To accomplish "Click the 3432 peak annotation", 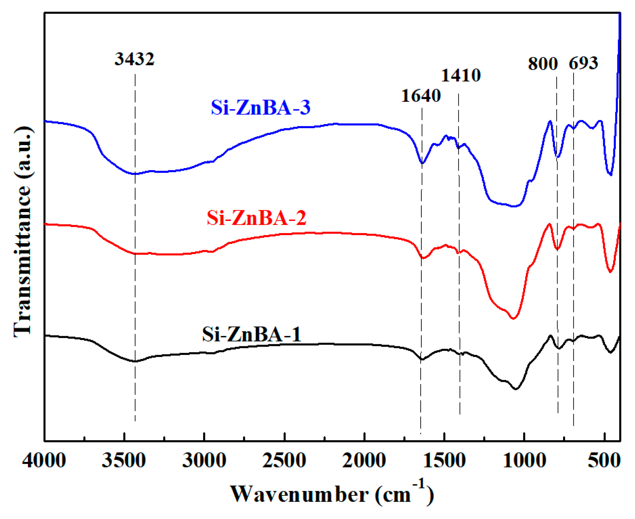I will (134, 59).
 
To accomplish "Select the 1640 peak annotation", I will (421, 96).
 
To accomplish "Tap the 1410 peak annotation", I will (460, 76).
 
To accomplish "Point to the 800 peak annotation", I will (542, 63).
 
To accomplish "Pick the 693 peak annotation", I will (583, 63).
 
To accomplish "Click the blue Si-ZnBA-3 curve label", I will (260, 108).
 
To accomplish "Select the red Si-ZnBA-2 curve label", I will (256, 218).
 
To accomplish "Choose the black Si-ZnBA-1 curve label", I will (251, 335).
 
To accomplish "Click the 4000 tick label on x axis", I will (44, 460).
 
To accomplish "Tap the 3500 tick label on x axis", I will (124, 460).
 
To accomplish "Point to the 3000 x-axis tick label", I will (204, 460).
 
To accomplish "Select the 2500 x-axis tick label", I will (284, 460).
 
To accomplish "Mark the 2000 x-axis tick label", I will (364, 460).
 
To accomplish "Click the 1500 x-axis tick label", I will (444, 460).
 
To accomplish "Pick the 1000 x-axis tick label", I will (524, 460).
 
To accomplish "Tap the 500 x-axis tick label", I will (604, 460).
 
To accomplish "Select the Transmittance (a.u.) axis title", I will (23, 231).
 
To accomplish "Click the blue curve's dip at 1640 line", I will (422, 163).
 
